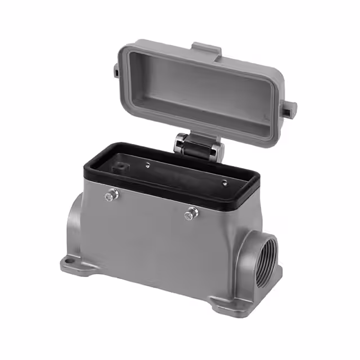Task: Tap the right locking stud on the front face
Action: click(193, 213)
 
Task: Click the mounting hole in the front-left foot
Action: click(71, 260)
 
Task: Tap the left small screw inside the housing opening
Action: click(147, 165)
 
